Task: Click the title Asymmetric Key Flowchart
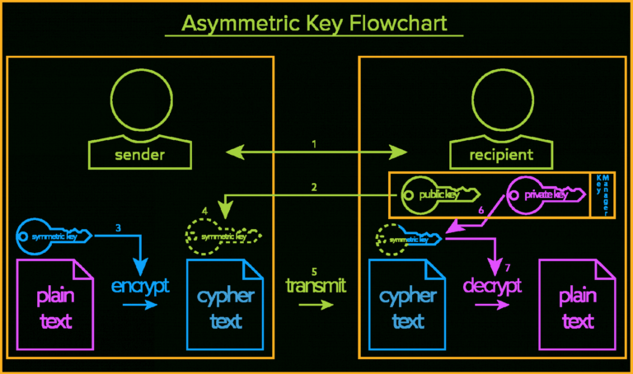(x=315, y=22)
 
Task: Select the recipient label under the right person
(x=491, y=154)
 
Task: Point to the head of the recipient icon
(x=491, y=97)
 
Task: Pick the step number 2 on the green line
(x=314, y=187)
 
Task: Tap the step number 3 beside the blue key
(x=119, y=227)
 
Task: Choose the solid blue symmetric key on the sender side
(x=59, y=236)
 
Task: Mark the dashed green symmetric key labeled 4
(x=223, y=236)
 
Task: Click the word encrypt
(x=140, y=286)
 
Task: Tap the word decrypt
(x=492, y=286)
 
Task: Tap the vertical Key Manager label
(x=603, y=195)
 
